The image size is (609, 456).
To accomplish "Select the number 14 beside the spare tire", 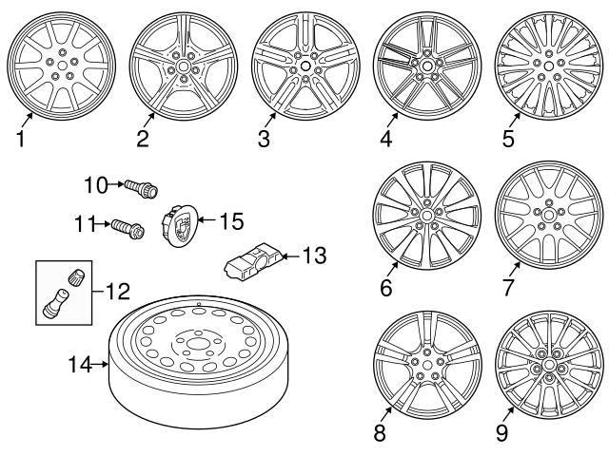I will (x=81, y=363).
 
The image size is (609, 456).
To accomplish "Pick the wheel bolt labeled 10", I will (x=143, y=186).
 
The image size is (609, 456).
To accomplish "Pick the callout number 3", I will (x=265, y=141).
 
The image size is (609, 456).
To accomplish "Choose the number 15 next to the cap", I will (x=231, y=221).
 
